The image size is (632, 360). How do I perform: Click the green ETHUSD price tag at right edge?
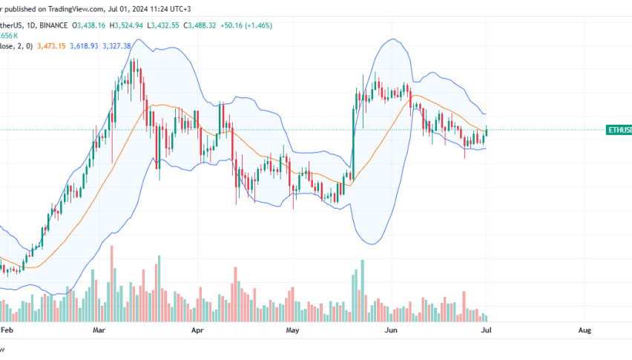(x=619, y=130)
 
